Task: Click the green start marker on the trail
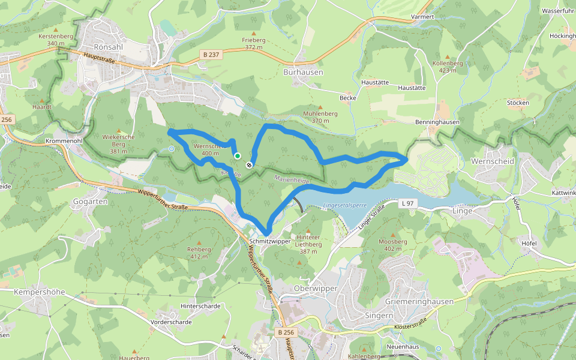coord(238,156)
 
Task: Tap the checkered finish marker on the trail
coord(249,165)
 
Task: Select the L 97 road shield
coord(407,204)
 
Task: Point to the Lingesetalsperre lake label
coord(344,205)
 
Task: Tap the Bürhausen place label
coord(303,72)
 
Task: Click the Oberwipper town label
coord(317,288)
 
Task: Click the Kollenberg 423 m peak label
coord(448,67)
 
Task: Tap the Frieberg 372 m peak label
coord(254,43)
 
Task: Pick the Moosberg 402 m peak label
coord(393,244)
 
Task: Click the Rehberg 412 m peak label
coord(199,252)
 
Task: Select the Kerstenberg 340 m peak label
coord(55,40)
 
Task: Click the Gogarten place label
coord(90,202)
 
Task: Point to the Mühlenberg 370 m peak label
coord(320,116)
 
